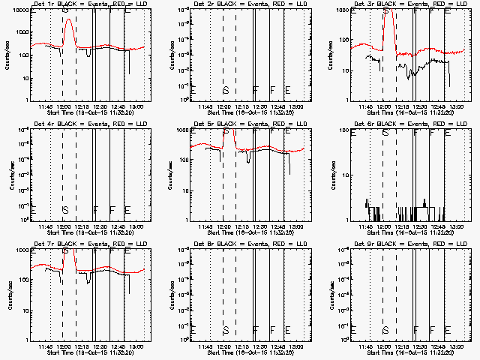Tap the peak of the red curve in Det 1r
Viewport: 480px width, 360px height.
69,19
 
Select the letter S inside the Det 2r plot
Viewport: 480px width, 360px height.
226,90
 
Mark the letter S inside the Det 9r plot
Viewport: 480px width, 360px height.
385,329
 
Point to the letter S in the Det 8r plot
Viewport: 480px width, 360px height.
226,329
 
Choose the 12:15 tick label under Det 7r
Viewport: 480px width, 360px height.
83,346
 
